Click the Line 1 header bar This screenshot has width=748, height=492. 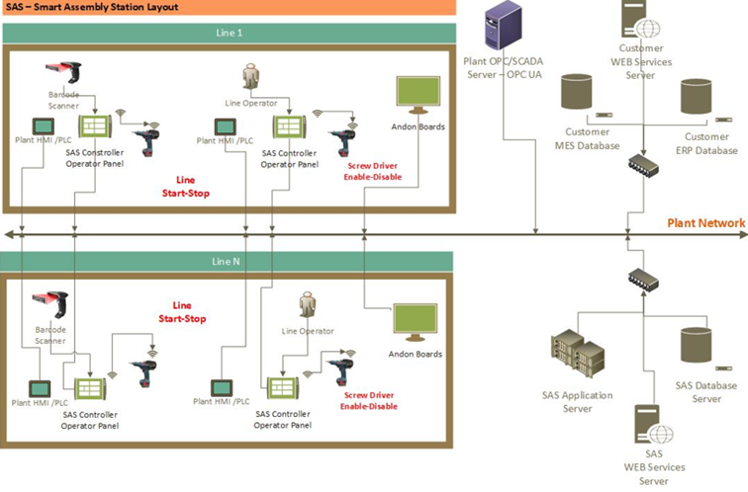228,33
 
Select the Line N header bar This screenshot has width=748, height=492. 228,261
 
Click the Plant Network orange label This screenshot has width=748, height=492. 705,223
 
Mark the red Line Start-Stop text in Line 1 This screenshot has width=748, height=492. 189,188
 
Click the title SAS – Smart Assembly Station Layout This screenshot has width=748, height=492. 97,8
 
